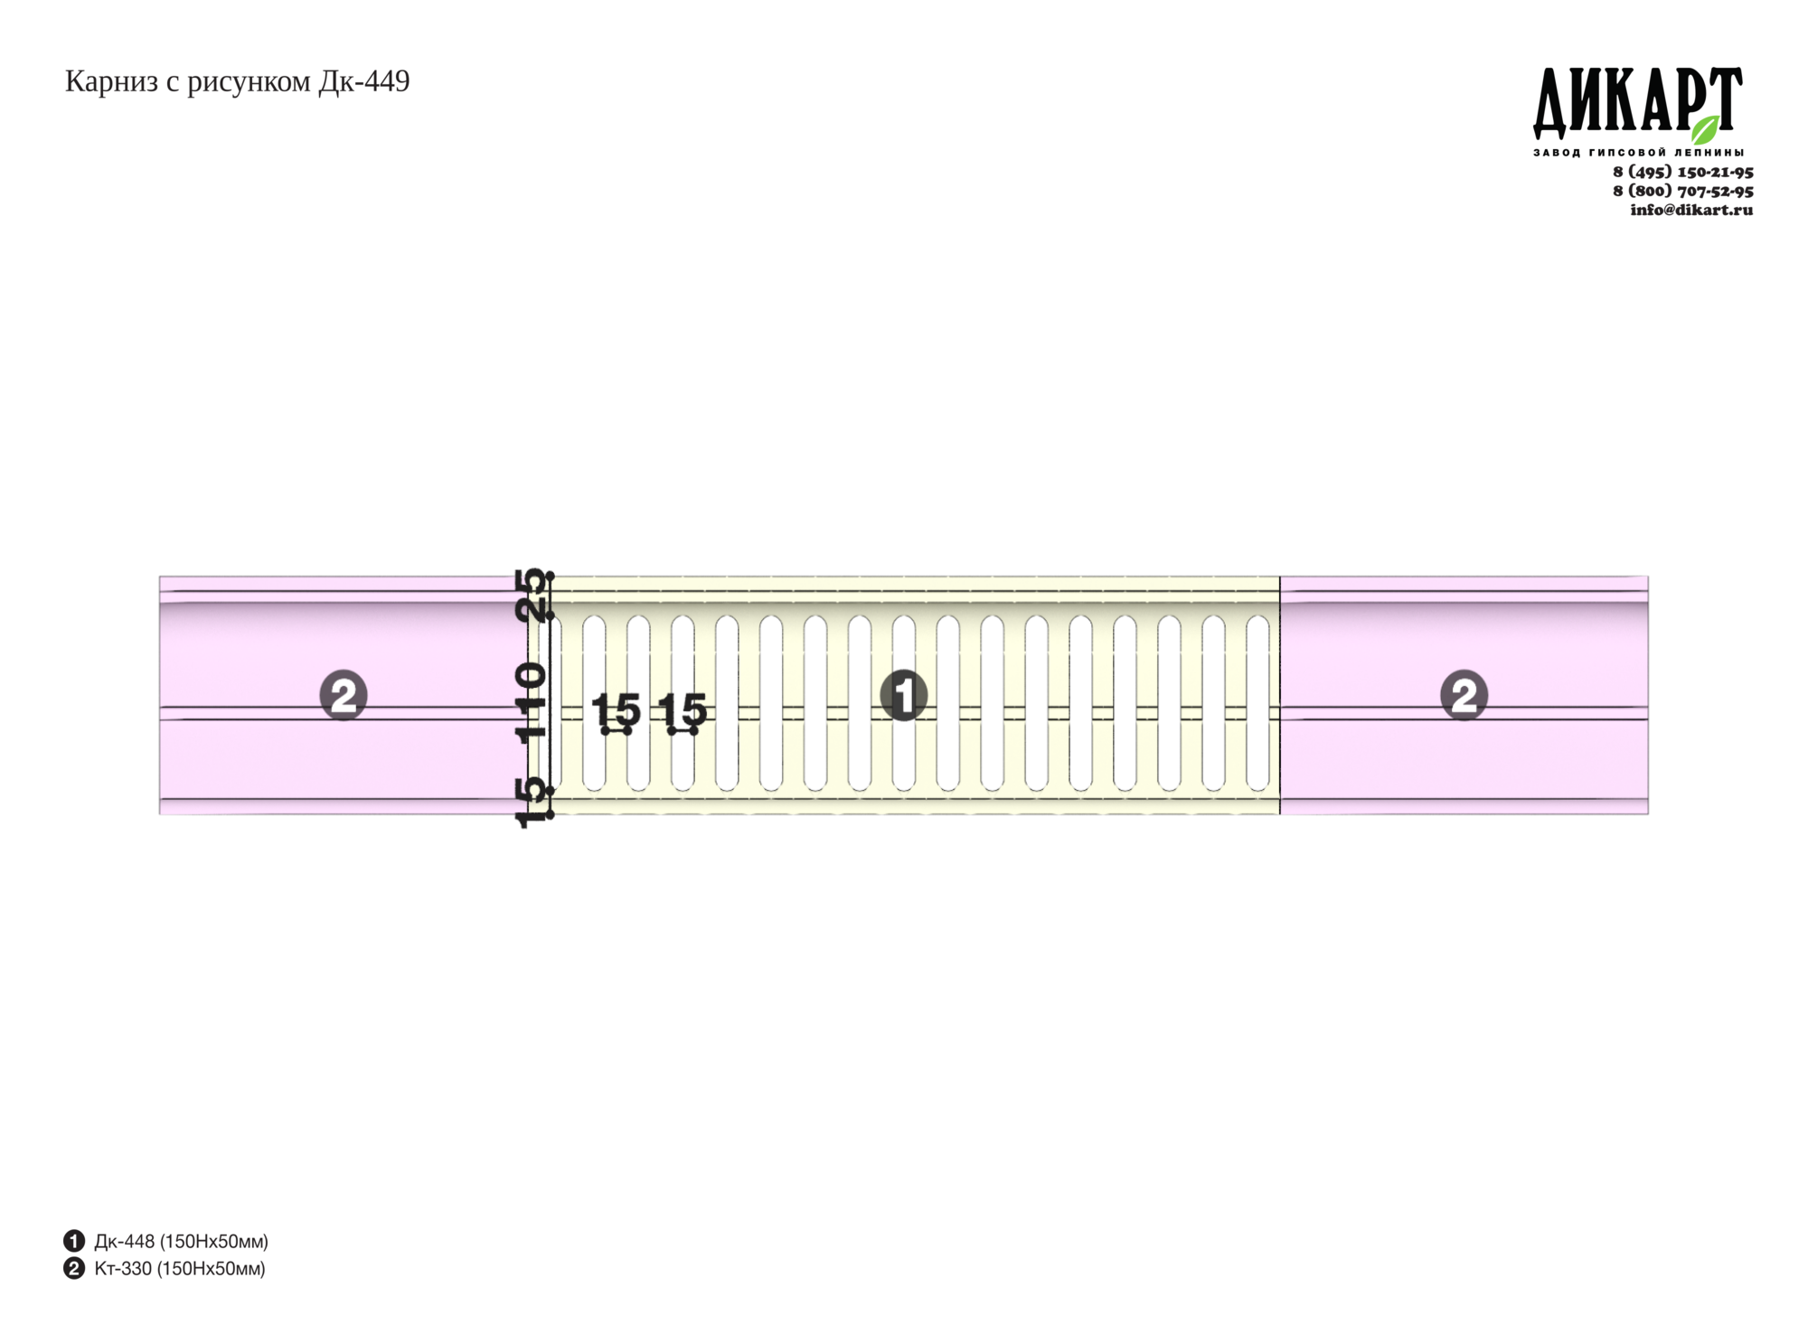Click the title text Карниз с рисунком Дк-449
(237, 82)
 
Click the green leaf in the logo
(1705, 129)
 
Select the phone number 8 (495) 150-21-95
(1682, 172)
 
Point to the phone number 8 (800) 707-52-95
(1682, 191)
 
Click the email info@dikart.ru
(1691, 210)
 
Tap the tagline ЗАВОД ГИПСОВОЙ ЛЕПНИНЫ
(1638, 153)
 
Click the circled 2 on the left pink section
(344, 695)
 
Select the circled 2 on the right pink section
(1464, 695)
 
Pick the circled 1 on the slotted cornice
(904, 695)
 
